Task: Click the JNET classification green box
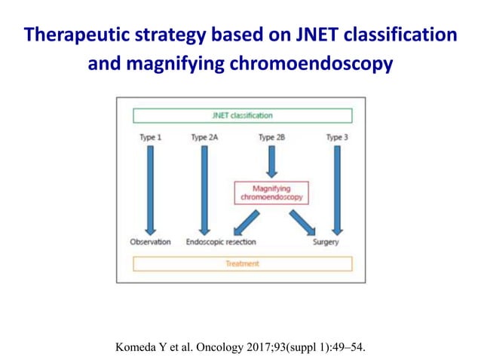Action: tap(242, 116)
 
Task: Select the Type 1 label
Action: tap(150, 138)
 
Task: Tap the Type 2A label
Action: tap(204, 138)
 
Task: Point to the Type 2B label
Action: tap(271, 138)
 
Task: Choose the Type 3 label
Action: tap(336, 138)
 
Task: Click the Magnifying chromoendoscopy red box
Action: tap(271, 192)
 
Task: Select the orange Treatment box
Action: tap(242, 264)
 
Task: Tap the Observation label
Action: tap(150, 243)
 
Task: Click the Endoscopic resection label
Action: tap(221, 243)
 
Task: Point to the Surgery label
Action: tap(326, 243)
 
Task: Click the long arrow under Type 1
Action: tap(150, 188)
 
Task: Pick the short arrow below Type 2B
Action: tap(271, 160)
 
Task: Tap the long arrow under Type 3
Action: tap(336, 188)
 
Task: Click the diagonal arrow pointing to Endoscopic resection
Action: tap(247, 222)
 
